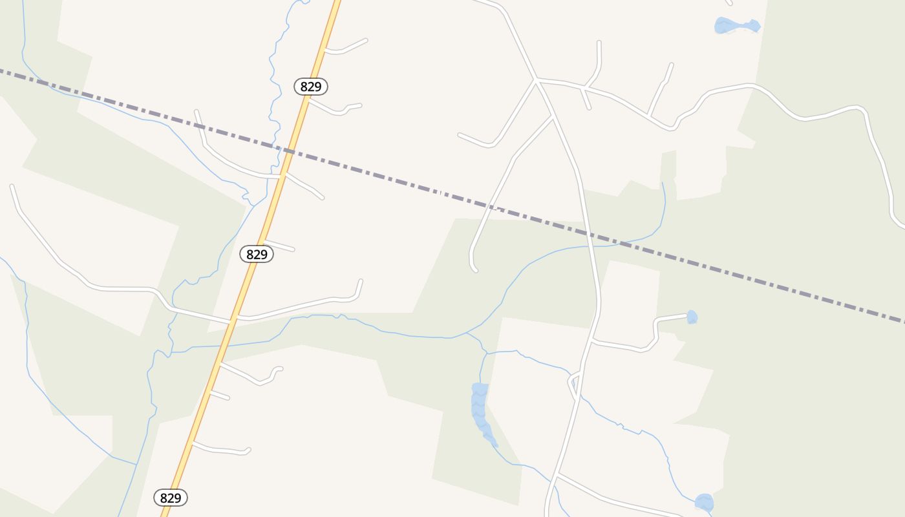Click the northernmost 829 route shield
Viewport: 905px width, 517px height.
(x=311, y=86)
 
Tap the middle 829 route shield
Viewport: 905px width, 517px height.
(x=257, y=254)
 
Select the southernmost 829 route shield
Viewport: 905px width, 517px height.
(x=171, y=498)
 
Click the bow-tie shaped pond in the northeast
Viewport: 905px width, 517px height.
(x=737, y=26)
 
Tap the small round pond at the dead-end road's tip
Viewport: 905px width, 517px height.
(x=692, y=317)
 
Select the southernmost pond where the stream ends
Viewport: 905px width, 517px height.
(x=704, y=502)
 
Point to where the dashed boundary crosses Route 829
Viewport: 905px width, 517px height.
(x=289, y=152)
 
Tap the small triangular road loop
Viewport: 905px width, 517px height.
(x=573, y=382)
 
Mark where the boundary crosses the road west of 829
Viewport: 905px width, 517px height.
(x=201, y=130)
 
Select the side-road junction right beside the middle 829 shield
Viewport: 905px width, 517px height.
(x=265, y=242)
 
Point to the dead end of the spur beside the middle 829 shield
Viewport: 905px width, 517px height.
(x=293, y=249)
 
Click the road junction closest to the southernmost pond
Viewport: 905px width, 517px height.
(x=556, y=475)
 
